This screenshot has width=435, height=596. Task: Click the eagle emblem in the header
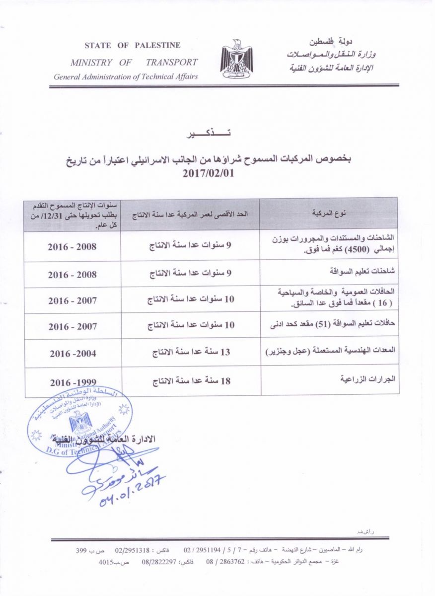coord(236,60)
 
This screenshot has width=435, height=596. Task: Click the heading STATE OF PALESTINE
coord(132,45)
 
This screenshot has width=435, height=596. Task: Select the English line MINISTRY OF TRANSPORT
coord(134,63)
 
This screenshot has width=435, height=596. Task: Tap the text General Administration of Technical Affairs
coord(126,76)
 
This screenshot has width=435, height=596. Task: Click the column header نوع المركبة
coord(329,214)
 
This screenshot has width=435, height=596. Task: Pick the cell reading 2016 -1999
coord(72,383)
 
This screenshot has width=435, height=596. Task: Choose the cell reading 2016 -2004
coord(72,354)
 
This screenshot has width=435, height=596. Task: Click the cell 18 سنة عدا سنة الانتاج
coord(191,381)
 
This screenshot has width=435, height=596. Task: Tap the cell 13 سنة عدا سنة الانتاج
coord(191,352)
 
